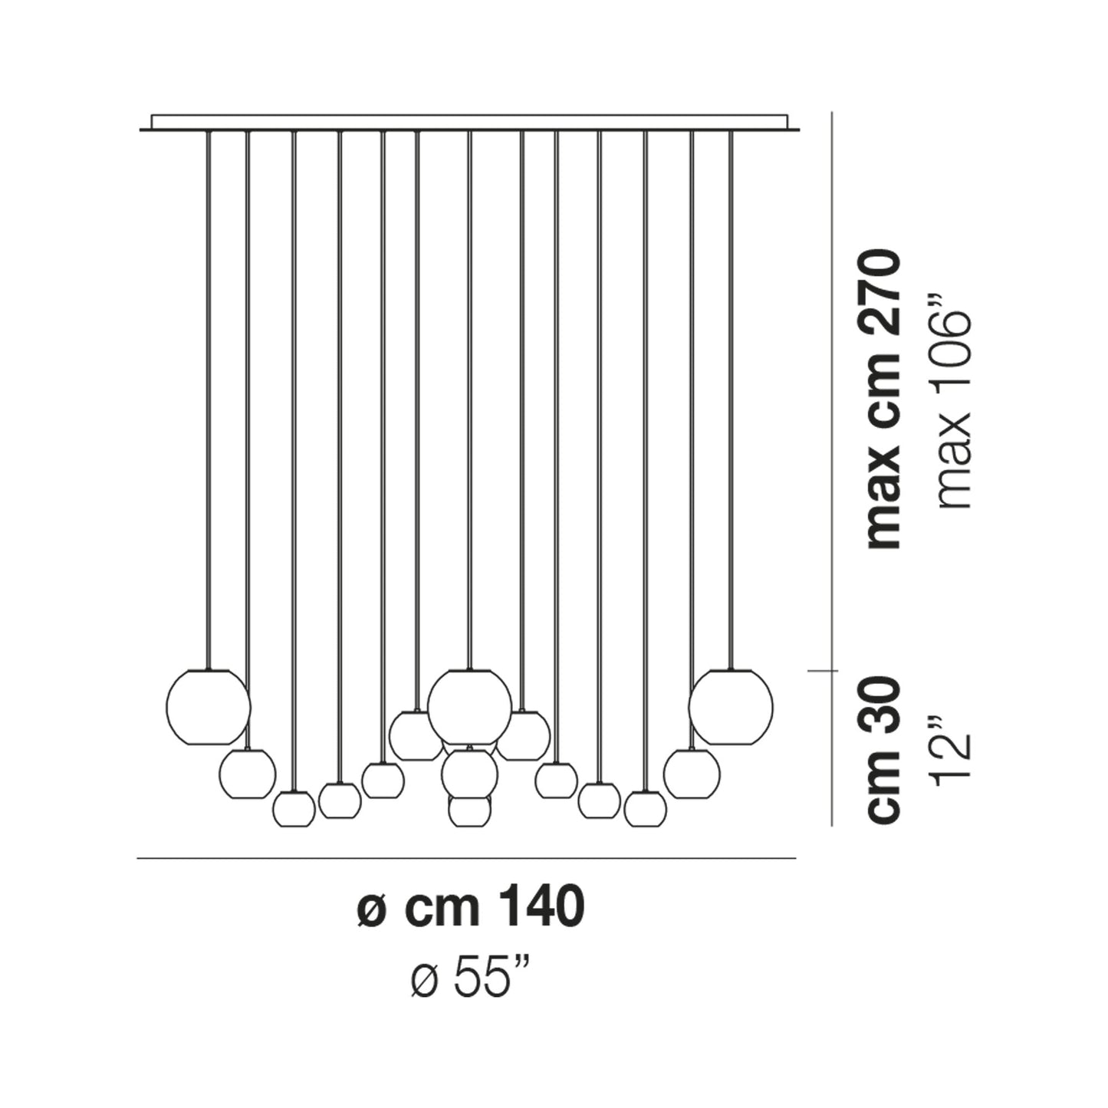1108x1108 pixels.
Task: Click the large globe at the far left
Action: pos(208,706)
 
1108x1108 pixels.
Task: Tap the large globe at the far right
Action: pos(731,706)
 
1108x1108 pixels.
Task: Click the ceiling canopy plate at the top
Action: pos(469,123)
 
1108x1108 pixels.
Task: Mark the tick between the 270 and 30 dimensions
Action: pos(833,672)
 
